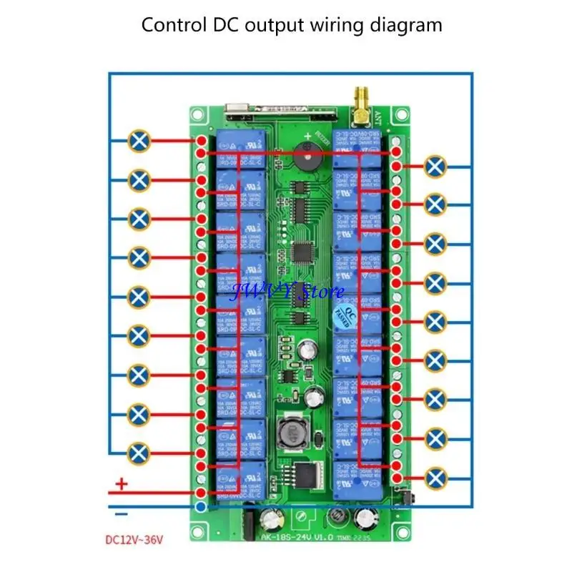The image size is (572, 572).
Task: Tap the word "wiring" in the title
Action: (x=333, y=26)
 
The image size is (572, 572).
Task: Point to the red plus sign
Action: (x=122, y=485)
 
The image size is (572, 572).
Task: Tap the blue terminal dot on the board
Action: (x=202, y=507)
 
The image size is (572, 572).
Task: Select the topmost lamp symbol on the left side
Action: (x=140, y=141)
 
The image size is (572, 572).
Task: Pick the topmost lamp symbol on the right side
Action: (x=433, y=167)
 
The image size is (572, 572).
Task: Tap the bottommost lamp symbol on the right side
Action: (x=433, y=477)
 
